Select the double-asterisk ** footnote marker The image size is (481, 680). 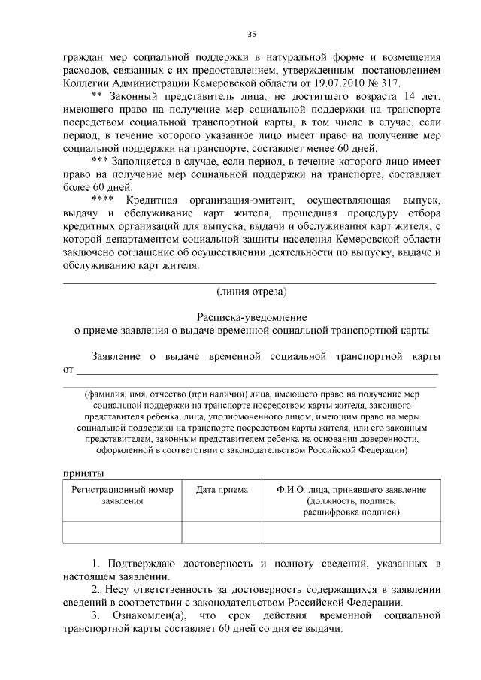click(97, 98)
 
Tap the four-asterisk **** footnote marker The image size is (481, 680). click(101, 201)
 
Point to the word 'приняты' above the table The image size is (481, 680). click(83, 473)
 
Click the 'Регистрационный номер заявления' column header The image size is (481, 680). click(122, 495)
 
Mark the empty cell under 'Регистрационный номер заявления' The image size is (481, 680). click(122, 532)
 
